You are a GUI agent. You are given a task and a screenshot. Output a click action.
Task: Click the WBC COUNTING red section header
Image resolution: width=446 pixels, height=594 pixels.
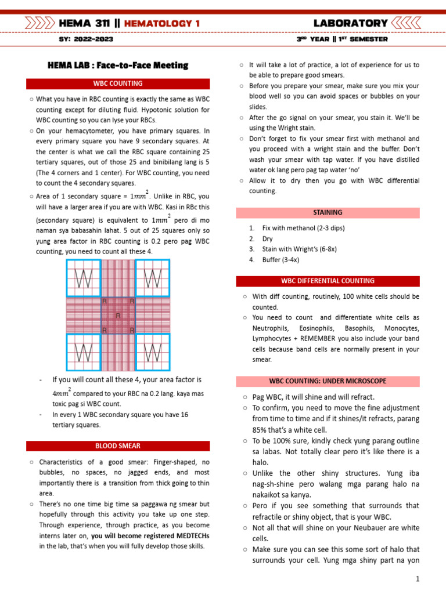point(118,84)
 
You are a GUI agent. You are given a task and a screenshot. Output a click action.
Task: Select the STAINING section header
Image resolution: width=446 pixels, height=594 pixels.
point(328,213)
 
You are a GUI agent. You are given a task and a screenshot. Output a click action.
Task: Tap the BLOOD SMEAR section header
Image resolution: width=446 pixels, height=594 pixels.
point(118,446)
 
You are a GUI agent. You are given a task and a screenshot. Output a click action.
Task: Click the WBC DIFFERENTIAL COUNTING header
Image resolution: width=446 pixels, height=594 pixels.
point(328,281)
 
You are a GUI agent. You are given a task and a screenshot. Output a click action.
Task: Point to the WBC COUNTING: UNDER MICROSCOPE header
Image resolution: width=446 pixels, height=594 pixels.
point(328,381)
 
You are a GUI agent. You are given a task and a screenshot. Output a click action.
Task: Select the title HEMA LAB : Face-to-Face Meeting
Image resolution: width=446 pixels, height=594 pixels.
point(118,66)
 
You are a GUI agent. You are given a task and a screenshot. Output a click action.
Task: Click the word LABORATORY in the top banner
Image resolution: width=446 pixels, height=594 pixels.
point(350,24)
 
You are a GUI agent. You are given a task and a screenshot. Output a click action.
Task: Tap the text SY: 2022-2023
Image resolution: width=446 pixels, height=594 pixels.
point(86,39)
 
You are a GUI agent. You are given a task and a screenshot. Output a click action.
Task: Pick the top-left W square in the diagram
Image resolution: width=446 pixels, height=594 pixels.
point(84,277)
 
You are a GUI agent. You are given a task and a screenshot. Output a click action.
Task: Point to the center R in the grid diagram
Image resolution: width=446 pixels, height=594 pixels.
point(118,316)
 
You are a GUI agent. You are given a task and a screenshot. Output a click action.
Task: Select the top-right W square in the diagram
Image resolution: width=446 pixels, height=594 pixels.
point(152,277)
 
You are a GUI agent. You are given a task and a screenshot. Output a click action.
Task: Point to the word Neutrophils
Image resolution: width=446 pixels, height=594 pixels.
point(274,328)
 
